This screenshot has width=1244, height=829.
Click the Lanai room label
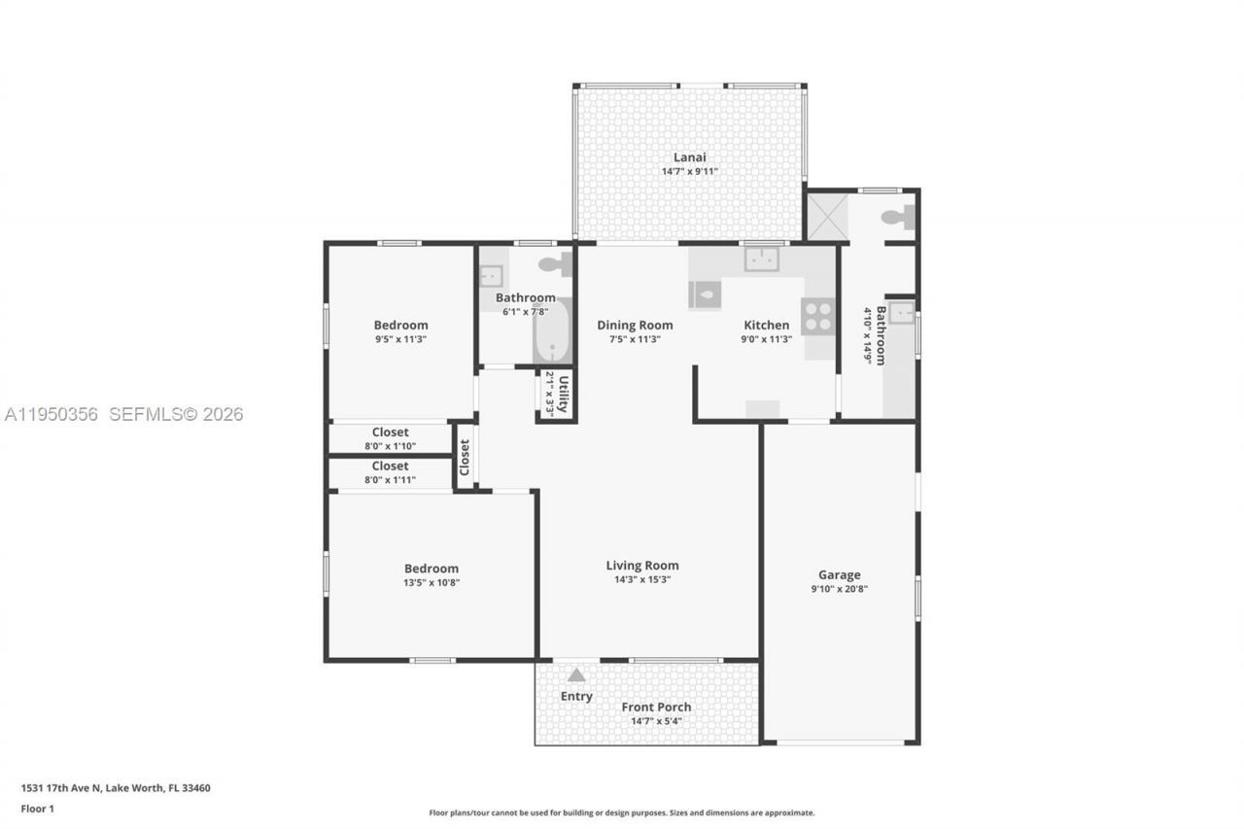[x=689, y=157]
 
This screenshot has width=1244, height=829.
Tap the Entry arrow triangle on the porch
[x=576, y=674]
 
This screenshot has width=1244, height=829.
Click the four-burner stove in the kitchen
[x=817, y=316]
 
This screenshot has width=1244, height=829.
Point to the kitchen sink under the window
[x=762, y=259]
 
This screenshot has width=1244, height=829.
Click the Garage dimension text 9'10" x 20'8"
[x=839, y=589]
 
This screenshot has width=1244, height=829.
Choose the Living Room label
[x=642, y=566]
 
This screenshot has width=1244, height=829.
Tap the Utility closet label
[x=561, y=394]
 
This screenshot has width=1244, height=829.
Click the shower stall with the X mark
[x=826, y=218]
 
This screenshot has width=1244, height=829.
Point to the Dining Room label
[x=635, y=326]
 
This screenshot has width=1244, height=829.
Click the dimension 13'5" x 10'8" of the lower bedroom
[x=432, y=583]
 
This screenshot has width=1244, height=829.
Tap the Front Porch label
[x=656, y=708]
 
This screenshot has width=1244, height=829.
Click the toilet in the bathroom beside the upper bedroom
[x=556, y=263]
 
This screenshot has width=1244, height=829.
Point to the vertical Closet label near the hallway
[x=465, y=457]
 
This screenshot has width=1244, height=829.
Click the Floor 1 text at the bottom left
[x=37, y=809]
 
